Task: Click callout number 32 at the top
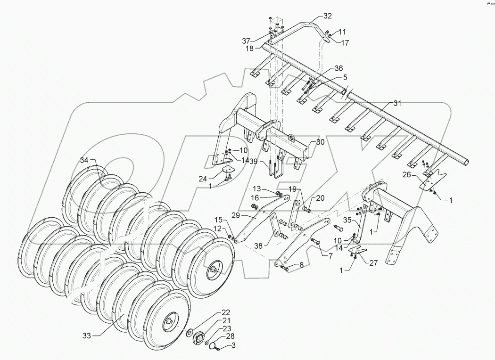pyautogui.click(x=328, y=16)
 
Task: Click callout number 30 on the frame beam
pyautogui.click(x=320, y=142)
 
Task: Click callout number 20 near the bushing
pyautogui.click(x=321, y=198)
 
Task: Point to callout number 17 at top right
pyautogui.click(x=346, y=42)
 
